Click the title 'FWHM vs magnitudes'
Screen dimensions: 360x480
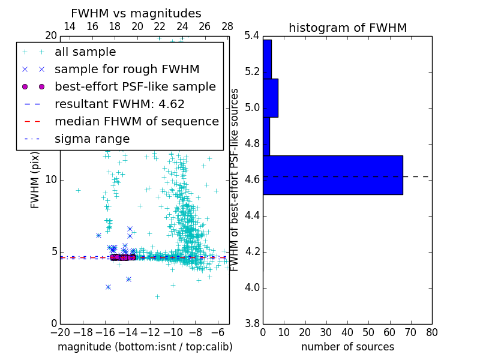[136, 13]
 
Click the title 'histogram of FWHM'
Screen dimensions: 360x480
[347, 28]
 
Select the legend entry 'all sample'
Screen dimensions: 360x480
[85, 52]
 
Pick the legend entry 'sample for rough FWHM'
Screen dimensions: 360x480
[127, 69]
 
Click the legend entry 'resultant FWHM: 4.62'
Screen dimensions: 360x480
[119, 104]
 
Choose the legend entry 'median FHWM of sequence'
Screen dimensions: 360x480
[136, 121]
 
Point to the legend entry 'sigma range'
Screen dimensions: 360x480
[92, 139]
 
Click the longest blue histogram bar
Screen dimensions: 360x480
[332, 175]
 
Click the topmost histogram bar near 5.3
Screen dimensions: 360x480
[267, 59]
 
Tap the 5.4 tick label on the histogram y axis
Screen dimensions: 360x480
[252, 36]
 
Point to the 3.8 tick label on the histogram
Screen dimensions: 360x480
[252, 323]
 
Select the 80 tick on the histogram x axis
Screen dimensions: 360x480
[431, 332]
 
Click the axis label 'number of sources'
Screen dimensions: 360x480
[347, 347]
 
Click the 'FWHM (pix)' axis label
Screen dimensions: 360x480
[35, 179]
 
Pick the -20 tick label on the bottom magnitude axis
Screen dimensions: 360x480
[60, 332]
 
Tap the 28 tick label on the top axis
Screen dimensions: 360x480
[227, 26]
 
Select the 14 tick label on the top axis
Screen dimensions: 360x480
[69, 26]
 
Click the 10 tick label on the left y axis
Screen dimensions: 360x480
[51, 180]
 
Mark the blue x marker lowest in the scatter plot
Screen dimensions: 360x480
[108, 287]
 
